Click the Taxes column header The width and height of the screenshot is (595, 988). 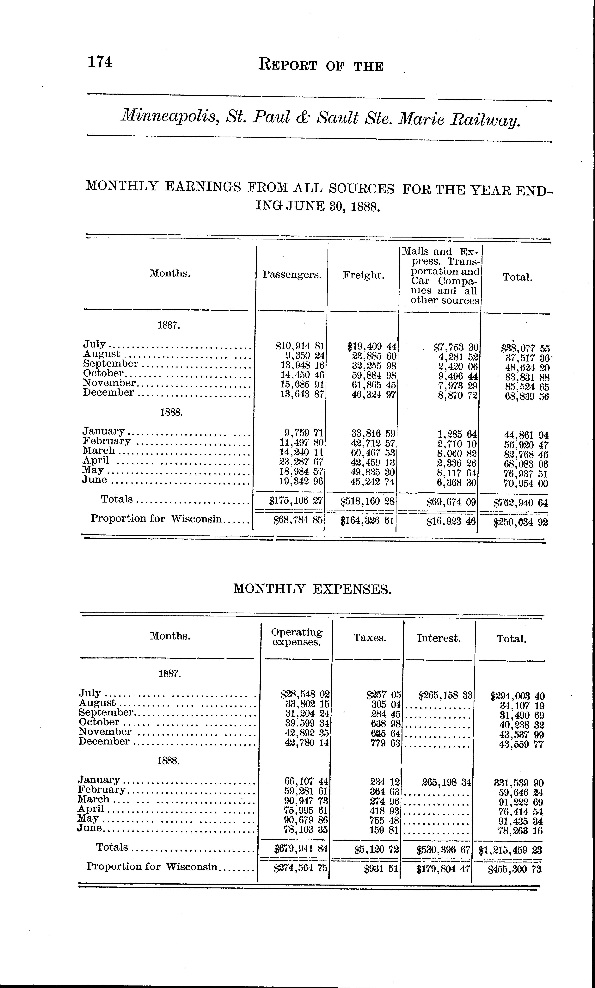[370, 638]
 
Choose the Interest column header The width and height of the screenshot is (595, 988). [439, 638]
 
